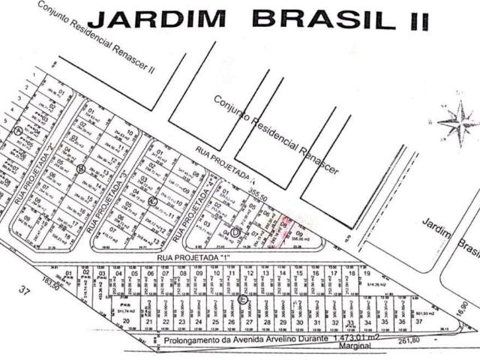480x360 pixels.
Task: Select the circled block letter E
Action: [x=242, y=298]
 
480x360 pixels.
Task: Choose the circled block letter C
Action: [x=152, y=201]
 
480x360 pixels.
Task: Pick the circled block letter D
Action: [x=235, y=232]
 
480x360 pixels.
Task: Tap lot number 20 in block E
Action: [x=126, y=322]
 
